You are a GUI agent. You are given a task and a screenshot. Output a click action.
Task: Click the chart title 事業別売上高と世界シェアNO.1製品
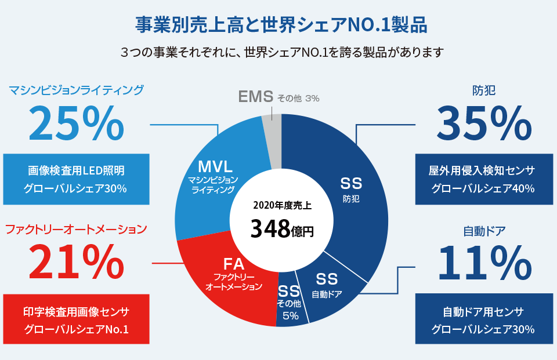pos(281,25)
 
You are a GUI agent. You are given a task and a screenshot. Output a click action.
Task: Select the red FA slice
pos(232,278)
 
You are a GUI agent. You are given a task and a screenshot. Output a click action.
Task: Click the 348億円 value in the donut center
pos(281,228)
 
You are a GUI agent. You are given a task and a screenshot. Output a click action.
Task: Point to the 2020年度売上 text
pos(281,205)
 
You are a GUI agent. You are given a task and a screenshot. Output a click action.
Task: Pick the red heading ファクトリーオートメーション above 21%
pos(76,230)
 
